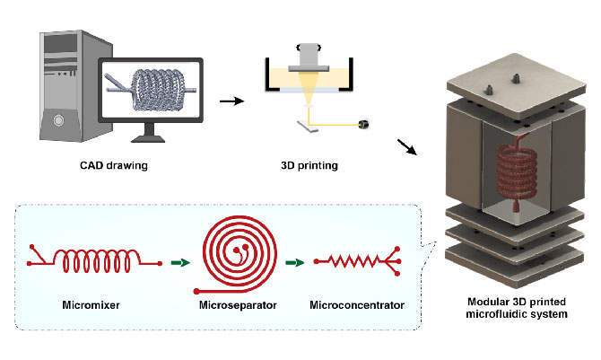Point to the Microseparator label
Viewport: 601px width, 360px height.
coord(236,305)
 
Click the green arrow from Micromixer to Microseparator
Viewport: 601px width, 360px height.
coord(181,263)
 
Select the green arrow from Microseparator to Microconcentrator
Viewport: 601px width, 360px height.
coord(294,263)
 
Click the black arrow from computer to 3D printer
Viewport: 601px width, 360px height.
coord(232,98)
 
